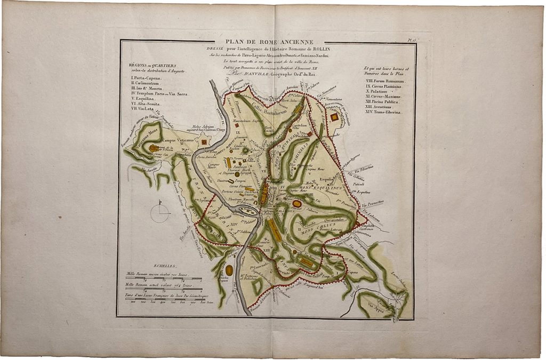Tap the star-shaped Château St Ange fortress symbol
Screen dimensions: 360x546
(x=205, y=142)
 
